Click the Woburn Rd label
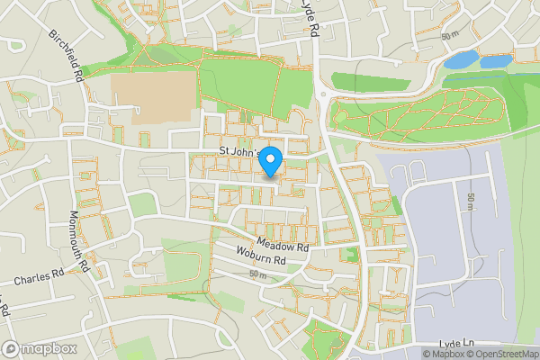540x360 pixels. (261, 258)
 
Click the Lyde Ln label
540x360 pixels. (456, 343)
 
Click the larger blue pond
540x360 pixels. (463, 60)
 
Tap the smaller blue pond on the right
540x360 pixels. (496, 61)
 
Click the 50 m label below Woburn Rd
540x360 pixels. (259, 273)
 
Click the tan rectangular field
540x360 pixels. (154, 97)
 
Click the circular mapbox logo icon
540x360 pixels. (11, 348)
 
